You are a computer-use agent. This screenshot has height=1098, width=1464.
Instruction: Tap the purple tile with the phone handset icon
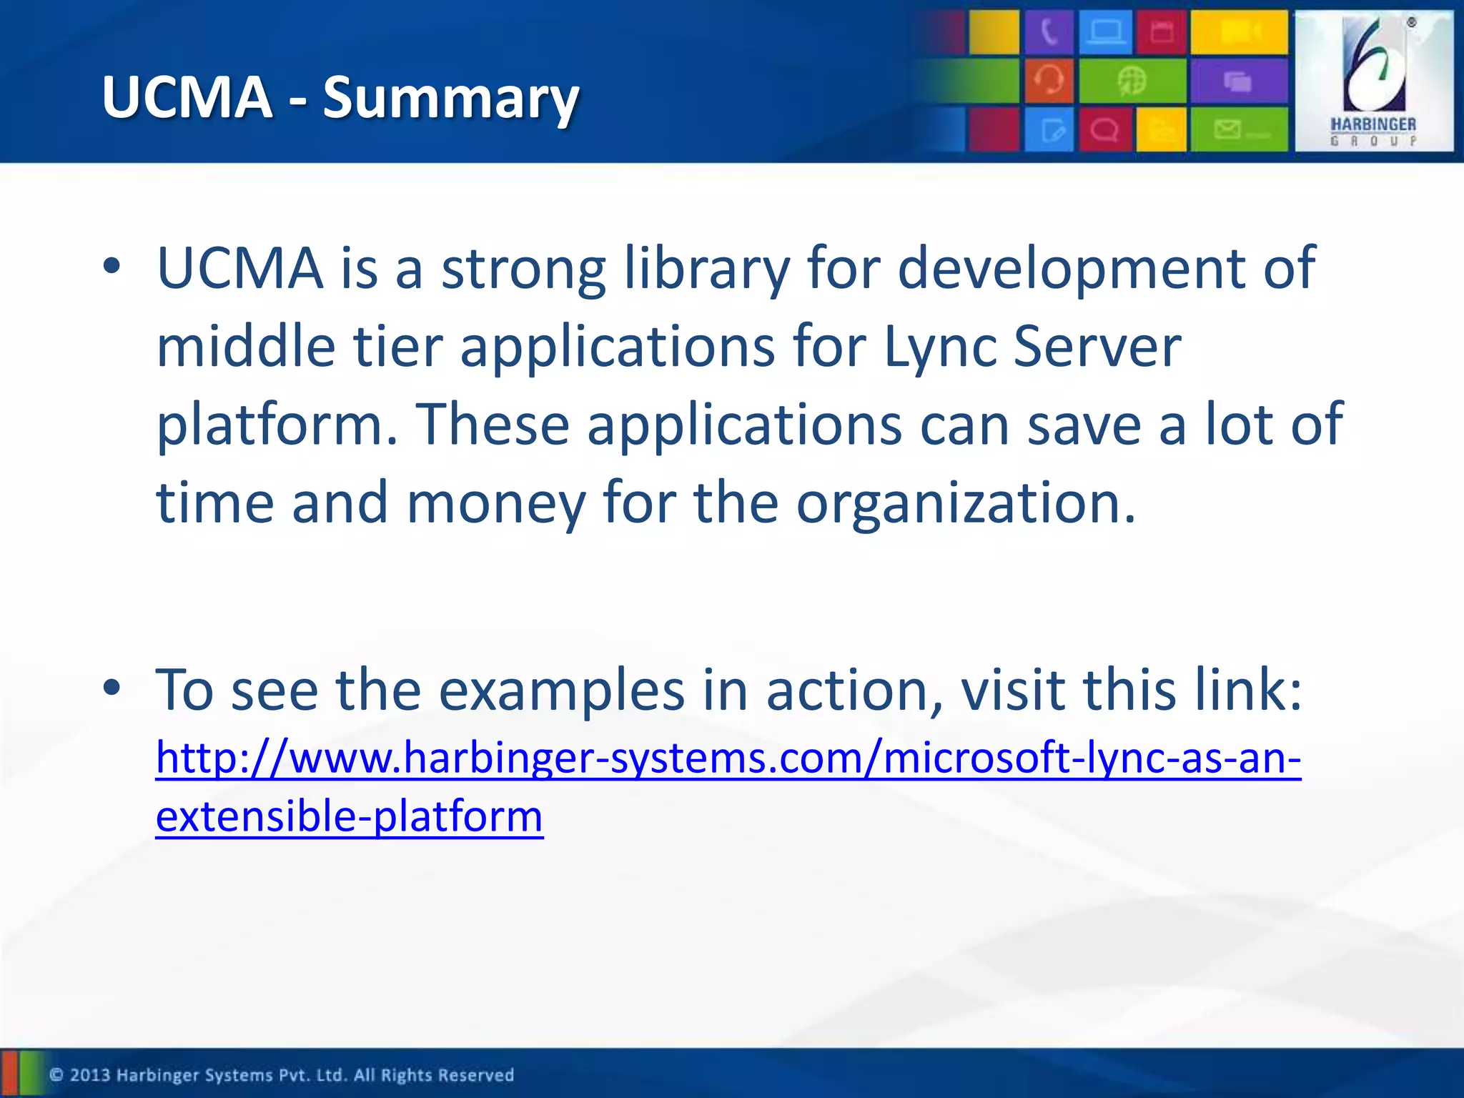point(1049,32)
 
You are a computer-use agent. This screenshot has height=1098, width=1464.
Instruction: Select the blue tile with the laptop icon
point(1105,32)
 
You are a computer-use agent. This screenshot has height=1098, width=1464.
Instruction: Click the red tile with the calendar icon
point(1162,32)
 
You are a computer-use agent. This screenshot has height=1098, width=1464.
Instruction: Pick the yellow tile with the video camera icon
point(1239,32)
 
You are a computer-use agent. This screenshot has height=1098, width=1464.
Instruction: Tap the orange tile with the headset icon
point(1049,81)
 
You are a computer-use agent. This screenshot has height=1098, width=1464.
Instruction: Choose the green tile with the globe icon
point(1132,81)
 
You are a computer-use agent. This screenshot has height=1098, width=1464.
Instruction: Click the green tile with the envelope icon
point(1239,129)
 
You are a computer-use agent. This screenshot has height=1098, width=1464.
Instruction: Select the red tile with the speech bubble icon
point(1105,129)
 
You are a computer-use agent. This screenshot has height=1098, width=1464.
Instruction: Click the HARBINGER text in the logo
point(1372,124)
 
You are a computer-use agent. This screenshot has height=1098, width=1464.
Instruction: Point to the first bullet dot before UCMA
point(112,266)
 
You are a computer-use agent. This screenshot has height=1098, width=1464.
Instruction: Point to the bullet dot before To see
point(112,688)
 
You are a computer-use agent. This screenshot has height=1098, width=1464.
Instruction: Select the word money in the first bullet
point(496,503)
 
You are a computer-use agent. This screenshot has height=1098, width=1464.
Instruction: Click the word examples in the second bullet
point(561,691)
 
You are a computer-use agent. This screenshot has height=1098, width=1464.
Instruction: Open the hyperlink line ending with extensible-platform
point(350,816)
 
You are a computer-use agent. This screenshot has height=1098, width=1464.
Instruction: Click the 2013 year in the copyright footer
point(90,1075)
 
